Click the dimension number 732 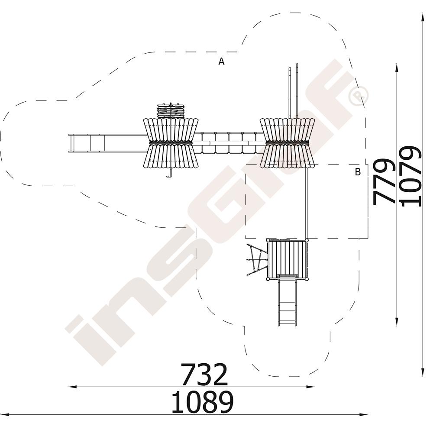coord(204,374)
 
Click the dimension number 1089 coord(202,402)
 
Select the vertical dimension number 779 coord(384,182)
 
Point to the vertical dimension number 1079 coord(410,176)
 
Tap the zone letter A coord(221,61)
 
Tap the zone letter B coord(358,172)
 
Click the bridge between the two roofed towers coord(229,143)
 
